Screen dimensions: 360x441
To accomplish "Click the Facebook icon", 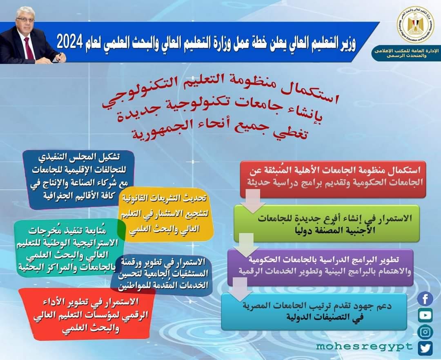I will pos(425,300).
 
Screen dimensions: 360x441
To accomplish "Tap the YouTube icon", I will pos(425,315).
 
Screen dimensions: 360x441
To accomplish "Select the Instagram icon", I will pos(425,332).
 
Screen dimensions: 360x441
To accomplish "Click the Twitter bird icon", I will pos(425,348).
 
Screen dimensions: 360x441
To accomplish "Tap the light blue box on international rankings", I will pos(314,311).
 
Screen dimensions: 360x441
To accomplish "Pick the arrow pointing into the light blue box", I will pos(239,289).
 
